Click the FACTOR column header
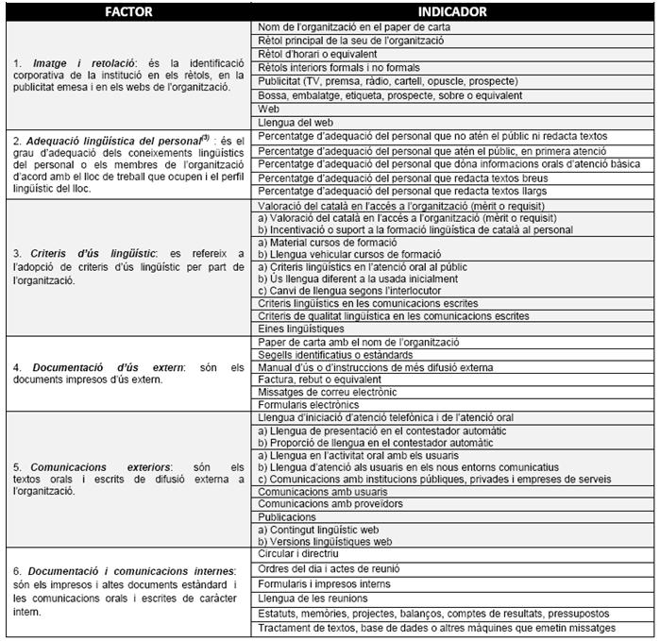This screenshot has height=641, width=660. point(127,12)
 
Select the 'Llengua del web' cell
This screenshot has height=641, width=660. point(294,122)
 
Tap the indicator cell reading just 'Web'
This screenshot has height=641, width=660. point(268,109)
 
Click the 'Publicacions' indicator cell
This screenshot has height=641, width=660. point(287,517)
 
